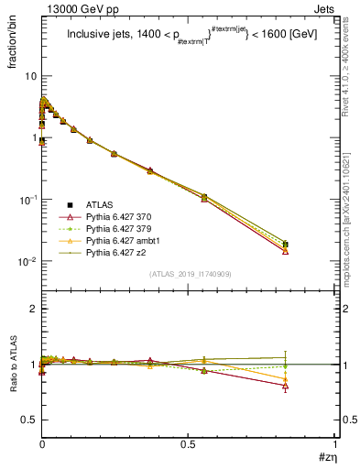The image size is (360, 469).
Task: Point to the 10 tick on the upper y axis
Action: tap(30, 76)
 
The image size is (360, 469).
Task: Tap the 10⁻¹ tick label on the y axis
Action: tap(27, 200)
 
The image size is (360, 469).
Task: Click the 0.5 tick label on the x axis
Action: tap(187, 446)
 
